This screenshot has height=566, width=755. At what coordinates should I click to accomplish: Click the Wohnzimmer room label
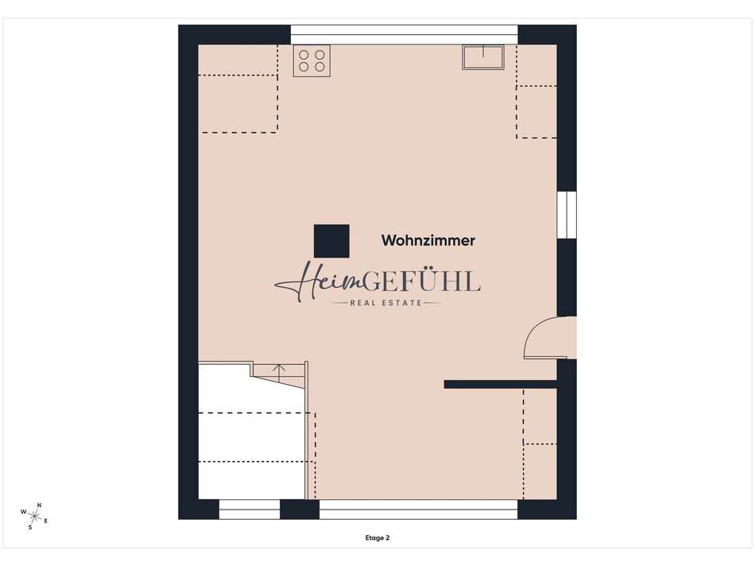click(428, 240)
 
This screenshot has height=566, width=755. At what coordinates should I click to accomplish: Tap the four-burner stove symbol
click(312, 60)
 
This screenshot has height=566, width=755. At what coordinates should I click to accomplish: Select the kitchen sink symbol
click(483, 57)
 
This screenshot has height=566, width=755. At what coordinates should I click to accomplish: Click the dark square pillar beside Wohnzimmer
click(331, 241)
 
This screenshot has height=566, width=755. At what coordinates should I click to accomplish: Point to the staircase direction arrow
click(279, 369)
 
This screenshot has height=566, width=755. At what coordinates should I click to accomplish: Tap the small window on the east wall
click(567, 215)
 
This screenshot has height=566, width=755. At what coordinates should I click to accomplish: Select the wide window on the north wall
click(404, 35)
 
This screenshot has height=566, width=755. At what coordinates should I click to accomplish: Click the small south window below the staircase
click(250, 509)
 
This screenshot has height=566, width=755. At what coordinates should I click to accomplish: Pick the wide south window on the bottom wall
click(418, 509)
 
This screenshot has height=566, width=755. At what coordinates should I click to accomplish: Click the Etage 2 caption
click(377, 538)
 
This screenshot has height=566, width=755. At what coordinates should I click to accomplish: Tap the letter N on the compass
click(40, 506)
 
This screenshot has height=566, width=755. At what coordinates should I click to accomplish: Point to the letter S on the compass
click(30, 528)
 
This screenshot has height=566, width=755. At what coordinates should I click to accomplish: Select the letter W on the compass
click(23, 512)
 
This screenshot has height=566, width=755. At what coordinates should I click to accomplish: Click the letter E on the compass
click(46, 521)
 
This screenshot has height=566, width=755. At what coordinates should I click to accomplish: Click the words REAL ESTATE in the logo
click(385, 303)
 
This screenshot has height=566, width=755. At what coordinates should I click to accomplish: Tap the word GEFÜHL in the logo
click(422, 281)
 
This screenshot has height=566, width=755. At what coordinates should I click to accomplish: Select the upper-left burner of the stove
click(304, 55)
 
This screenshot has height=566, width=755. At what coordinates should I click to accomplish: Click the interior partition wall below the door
click(500, 385)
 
